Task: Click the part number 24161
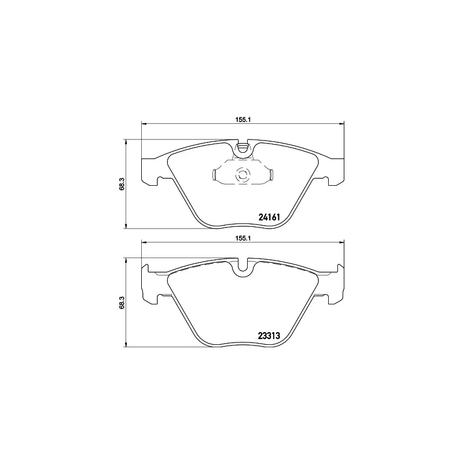pos(269,218)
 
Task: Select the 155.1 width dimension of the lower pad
pos(242,237)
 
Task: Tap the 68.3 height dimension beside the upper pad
pos(122,183)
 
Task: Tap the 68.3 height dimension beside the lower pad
pos(122,303)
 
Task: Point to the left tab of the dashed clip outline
pos(215,174)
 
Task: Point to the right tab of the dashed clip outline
pos(270,174)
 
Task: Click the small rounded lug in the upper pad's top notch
pos(243,149)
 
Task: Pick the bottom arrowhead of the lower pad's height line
pos(126,345)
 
